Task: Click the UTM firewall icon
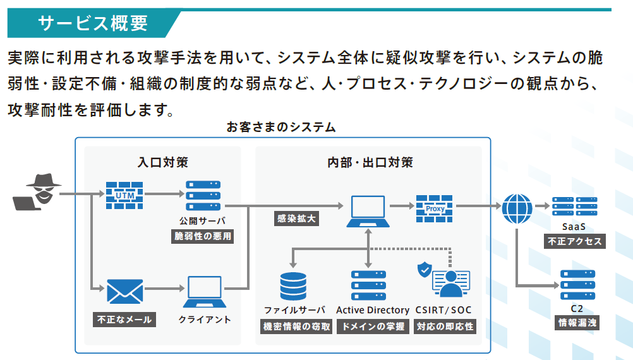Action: (124, 195)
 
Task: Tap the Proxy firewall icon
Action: (435, 208)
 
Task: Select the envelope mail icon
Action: (124, 291)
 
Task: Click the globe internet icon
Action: (517, 208)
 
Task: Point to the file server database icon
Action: (293, 286)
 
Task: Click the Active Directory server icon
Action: (368, 285)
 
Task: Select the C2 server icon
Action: (577, 285)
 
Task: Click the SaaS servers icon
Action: (575, 207)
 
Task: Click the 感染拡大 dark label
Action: (296, 219)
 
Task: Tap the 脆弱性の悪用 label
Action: (203, 236)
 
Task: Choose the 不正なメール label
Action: (124, 320)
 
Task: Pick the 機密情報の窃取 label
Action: (296, 326)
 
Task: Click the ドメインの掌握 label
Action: (373, 326)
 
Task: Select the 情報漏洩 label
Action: (577, 323)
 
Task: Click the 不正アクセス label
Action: (575, 241)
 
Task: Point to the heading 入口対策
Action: (163, 162)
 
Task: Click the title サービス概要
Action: (93, 23)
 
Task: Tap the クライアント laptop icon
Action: (205, 291)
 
